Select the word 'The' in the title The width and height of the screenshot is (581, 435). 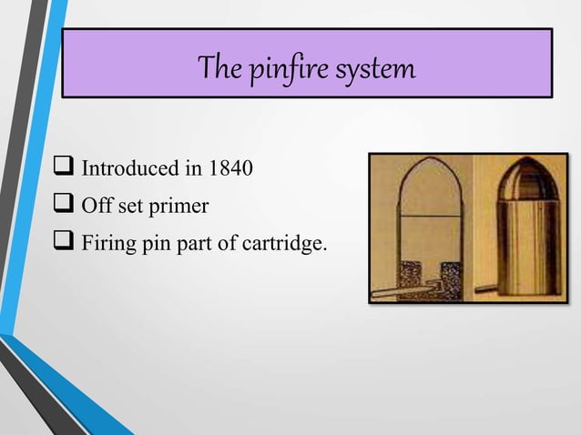[x=218, y=68]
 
